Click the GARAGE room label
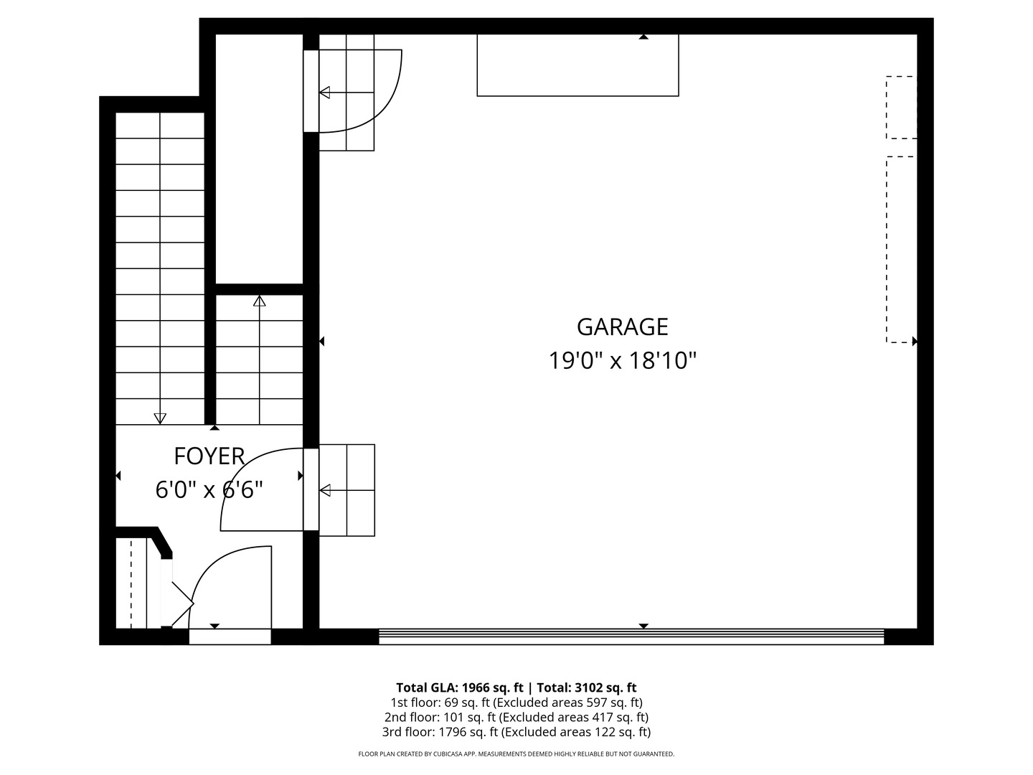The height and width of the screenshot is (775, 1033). [622, 327]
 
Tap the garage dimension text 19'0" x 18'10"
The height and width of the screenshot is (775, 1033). [622, 360]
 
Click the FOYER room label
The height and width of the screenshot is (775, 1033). [209, 456]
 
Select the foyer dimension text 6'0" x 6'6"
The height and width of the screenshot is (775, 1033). [209, 490]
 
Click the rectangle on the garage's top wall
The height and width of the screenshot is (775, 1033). [577, 65]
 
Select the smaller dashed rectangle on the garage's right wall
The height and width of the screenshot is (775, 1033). [901, 108]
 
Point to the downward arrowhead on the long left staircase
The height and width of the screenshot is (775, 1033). [160, 418]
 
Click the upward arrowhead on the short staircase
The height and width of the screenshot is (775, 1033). [259, 301]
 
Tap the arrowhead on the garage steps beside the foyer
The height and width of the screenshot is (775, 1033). [325, 491]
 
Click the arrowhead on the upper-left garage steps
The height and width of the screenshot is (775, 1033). [325, 93]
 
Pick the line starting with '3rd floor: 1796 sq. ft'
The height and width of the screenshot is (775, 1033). [516, 732]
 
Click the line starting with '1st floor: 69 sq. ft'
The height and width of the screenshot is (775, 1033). [516, 703]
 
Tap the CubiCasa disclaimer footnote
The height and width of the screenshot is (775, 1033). [516, 754]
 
